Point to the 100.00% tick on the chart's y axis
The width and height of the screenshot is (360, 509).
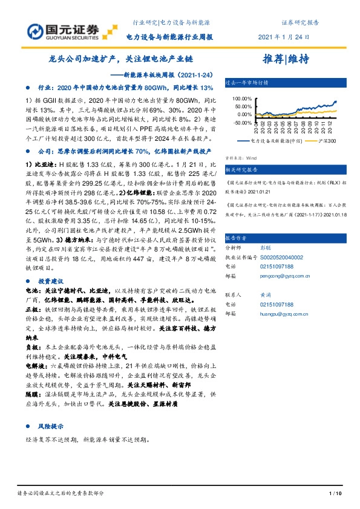(x=240, y=98)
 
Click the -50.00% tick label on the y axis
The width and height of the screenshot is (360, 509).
(x=240, y=122)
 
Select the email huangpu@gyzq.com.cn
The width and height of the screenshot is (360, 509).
(x=283, y=314)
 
